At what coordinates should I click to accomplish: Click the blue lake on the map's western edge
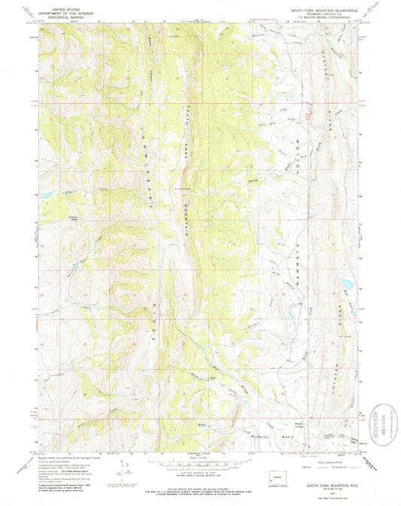[46, 194]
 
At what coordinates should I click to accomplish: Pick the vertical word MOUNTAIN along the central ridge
[187, 218]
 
